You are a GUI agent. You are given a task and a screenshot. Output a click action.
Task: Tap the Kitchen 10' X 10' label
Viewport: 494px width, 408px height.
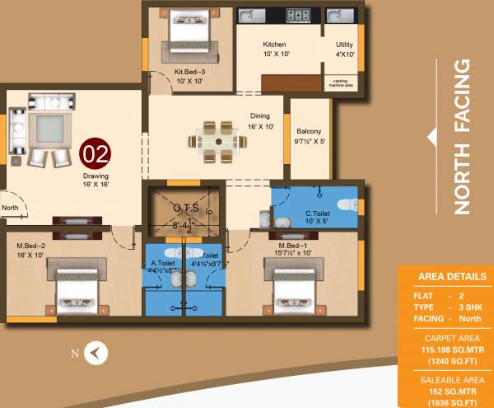(274, 49)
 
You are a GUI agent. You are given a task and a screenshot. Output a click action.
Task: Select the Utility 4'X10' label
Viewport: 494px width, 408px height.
(344, 49)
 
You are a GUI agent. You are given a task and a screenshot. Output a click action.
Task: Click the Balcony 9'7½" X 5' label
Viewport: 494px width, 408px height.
(309, 136)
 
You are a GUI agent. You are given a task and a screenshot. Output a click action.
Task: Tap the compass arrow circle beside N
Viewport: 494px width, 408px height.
(98, 353)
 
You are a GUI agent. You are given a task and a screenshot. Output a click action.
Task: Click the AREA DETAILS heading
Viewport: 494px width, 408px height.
(452, 277)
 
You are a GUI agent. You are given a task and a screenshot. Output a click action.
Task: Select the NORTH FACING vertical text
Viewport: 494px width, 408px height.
(463, 136)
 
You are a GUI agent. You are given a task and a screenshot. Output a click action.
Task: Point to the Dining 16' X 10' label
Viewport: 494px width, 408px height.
(260, 121)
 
